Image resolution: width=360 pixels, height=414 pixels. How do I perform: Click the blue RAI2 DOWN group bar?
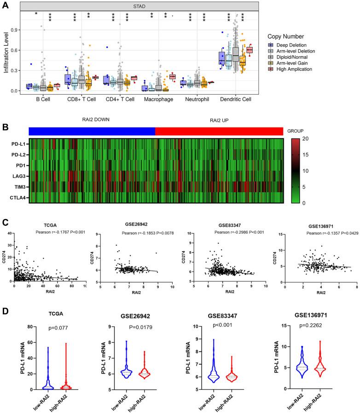[91, 130]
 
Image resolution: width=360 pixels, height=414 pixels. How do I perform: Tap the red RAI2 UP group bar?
[219, 130]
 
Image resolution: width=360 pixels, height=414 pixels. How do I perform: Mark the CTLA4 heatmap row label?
[17, 198]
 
